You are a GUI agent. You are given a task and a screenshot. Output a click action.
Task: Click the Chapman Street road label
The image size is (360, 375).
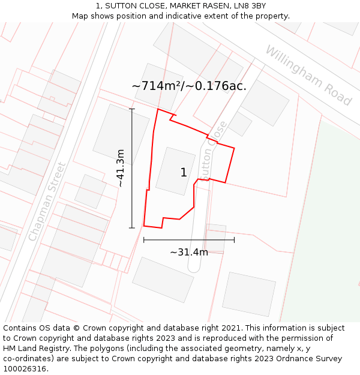(46, 202)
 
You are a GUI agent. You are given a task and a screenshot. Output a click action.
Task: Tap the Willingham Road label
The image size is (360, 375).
(308, 76)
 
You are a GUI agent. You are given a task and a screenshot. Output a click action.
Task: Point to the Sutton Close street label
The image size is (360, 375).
(214, 151)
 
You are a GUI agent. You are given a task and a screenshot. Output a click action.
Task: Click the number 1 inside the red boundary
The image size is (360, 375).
(184, 173)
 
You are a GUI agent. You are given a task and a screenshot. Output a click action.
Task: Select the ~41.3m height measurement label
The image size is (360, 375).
(121, 169)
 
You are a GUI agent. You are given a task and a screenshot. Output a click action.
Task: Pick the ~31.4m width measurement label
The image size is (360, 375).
(189, 252)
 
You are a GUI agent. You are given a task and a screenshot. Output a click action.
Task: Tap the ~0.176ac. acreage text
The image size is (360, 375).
(217, 86)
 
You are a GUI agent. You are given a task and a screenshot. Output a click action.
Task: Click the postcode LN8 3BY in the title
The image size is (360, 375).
(249, 6)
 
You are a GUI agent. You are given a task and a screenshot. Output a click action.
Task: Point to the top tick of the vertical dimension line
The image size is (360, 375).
(132, 109)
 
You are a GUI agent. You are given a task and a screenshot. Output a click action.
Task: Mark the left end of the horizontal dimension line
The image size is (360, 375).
(144, 240)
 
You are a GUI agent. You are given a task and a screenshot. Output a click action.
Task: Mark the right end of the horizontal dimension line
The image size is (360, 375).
(234, 240)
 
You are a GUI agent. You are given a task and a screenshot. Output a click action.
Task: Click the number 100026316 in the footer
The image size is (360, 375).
(24, 369)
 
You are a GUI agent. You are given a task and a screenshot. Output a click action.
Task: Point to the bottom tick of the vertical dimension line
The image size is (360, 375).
(132, 228)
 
